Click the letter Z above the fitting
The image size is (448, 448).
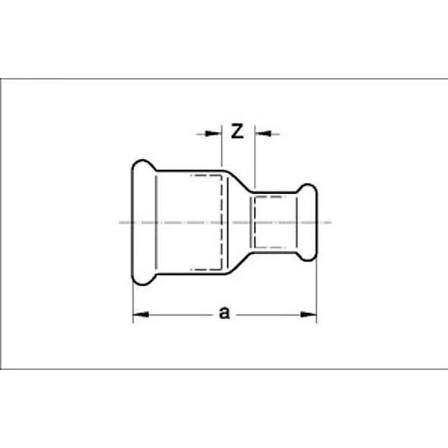[236, 132]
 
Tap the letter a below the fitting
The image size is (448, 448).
[224, 312]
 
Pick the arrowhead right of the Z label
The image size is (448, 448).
[262, 134]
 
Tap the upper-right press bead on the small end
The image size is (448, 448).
[306, 190]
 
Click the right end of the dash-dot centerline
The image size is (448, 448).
[331, 222]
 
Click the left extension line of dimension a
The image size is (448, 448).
[133, 299]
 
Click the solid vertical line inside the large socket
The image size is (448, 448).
[157, 222]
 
